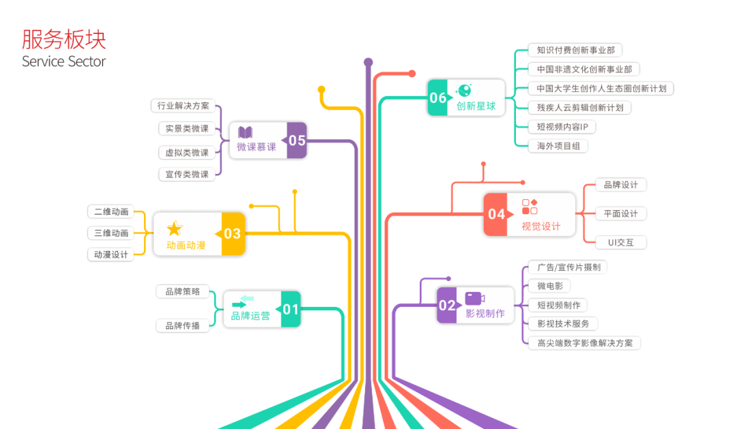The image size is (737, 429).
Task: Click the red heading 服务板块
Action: coord(64,39)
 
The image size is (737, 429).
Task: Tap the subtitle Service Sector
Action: coord(64,61)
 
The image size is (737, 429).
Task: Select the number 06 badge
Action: coord(438,98)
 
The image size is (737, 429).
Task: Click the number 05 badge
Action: coord(297,140)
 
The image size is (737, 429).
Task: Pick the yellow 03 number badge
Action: coord(233,234)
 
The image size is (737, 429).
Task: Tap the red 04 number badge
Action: coord(496,214)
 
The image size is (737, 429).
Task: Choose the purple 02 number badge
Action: coord(447,305)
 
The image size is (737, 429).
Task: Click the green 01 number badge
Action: coord(291,309)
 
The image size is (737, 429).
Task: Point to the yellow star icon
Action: coord(175,228)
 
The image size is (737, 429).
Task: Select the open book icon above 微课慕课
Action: coord(245,133)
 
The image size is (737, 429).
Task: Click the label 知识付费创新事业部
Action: coord(575,50)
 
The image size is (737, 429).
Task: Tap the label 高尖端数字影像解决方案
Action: coord(585,343)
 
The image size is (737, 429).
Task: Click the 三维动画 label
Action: coord(111,233)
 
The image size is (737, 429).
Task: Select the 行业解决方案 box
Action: coord(183,106)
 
